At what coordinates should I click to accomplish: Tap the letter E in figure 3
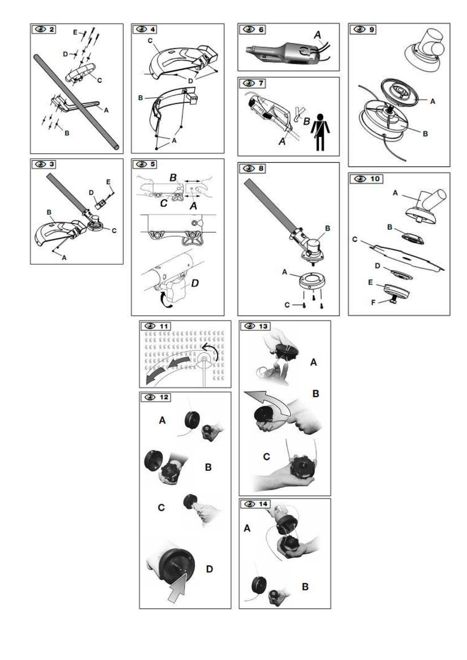(109, 182)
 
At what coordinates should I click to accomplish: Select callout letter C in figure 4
(150, 41)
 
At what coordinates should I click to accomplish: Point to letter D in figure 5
(195, 283)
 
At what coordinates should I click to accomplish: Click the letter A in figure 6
(317, 35)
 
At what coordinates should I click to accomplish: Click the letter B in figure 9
(425, 134)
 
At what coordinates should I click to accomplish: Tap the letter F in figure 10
(373, 303)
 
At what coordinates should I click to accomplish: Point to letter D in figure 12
(210, 569)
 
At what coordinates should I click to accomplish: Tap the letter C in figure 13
(266, 457)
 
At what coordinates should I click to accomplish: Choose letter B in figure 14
(305, 587)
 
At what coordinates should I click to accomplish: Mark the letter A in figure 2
(106, 111)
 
